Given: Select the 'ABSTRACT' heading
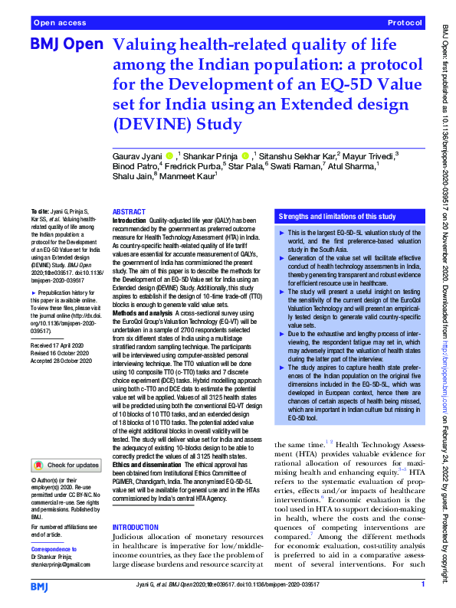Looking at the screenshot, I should click(x=129, y=211).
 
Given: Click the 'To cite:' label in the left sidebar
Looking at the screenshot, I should click(x=39, y=210).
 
